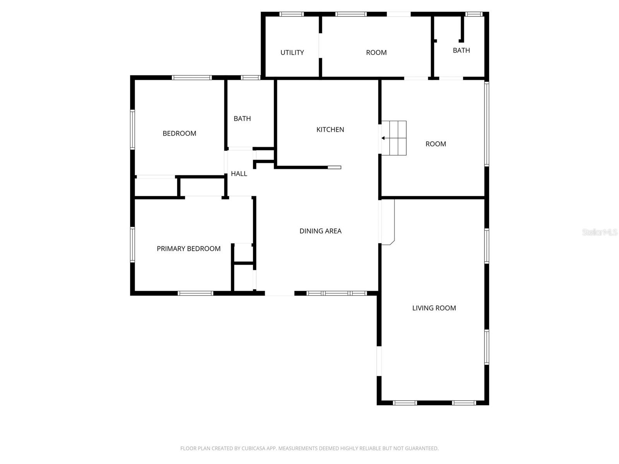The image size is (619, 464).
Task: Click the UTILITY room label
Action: pos(292,53)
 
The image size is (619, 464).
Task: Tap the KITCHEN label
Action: pos(330,130)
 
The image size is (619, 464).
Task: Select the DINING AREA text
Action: pos(320,231)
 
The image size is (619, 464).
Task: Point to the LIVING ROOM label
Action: pos(434,308)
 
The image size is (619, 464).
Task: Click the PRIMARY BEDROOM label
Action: pos(188,249)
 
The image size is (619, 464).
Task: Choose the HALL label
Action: pos(239,174)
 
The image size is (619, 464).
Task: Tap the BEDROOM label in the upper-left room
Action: pos(179,133)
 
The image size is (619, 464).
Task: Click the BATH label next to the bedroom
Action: pos(242,119)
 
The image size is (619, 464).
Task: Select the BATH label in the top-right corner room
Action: pos(461,50)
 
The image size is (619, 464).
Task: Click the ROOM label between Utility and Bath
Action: pos(376,53)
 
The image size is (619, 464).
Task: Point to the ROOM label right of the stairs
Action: pos(436,144)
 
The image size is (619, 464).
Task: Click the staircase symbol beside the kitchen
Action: pos(394,138)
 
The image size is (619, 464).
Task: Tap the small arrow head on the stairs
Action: pos(383,138)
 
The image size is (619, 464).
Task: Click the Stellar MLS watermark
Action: pos(599,232)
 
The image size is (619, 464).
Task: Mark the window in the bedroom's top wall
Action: pos(192,78)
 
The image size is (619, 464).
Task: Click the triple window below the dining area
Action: pos(336,293)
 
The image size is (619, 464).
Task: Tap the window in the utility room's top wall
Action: pos(291,14)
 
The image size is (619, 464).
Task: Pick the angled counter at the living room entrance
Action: pos(388,222)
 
